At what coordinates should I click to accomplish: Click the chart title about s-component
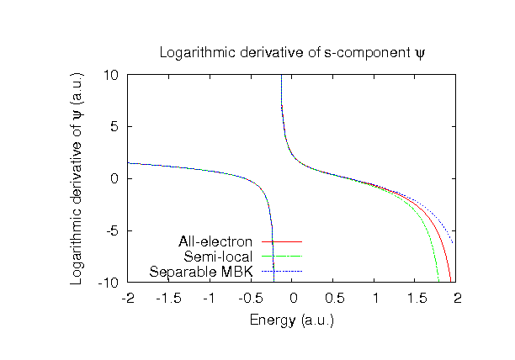pyautogui.click(x=293, y=54)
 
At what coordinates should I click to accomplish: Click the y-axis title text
pyautogui.click(x=77, y=177)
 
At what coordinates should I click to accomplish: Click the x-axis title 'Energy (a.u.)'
pyautogui.click(x=292, y=320)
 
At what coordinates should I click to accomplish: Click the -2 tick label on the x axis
pyautogui.click(x=128, y=298)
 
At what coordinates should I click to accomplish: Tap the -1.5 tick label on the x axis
pyautogui.click(x=168, y=298)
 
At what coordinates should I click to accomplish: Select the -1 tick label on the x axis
pyautogui.click(x=210, y=298)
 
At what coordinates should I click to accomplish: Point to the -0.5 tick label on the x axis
pyautogui.click(x=251, y=298)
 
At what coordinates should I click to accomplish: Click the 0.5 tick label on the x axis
pyautogui.click(x=333, y=298)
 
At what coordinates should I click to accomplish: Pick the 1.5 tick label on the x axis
pyautogui.click(x=416, y=298)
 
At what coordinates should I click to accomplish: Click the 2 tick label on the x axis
pyautogui.click(x=457, y=298)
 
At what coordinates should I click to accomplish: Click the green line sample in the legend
pyautogui.click(x=282, y=257)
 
